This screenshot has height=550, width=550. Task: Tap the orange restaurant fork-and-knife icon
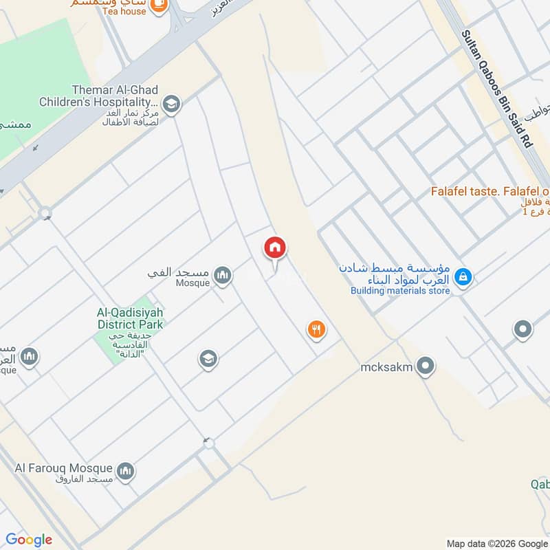(x=316, y=330)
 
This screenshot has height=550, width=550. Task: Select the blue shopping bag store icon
(x=463, y=277)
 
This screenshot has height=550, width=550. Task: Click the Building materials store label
(x=400, y=291)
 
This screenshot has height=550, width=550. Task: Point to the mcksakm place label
(x=386, y=367)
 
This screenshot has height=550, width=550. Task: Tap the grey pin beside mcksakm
(x=426, y=366)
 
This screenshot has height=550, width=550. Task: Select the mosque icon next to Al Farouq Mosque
(x=125, y=471)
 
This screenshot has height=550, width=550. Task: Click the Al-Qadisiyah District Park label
(x=129, y=318)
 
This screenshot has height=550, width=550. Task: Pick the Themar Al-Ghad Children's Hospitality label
(x=115, y=96)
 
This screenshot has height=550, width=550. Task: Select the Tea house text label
(x=124, y=11)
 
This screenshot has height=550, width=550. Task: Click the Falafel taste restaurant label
(x=489, y=190)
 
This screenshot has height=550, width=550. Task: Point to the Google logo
(x=29, y=540)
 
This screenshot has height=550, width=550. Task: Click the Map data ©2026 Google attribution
(x=496, y=542)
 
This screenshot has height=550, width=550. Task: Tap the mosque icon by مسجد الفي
(x=222, y=276)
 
